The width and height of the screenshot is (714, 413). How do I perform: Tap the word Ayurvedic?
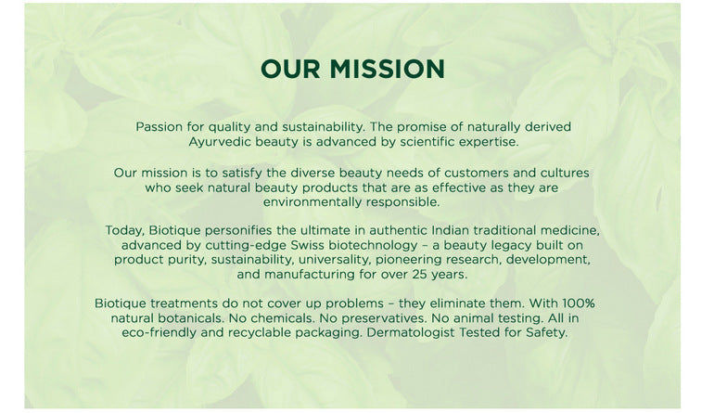223,142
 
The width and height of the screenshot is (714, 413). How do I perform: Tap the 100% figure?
574,303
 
